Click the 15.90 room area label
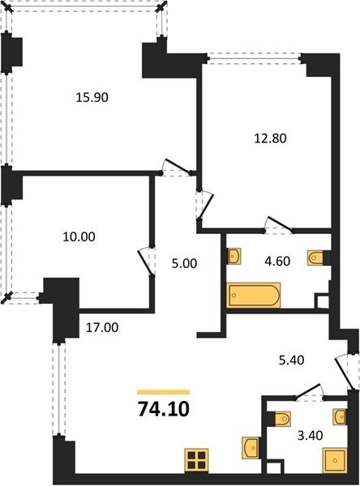[92, 98]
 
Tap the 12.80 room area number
[270, 139]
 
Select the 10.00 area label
[79, 237]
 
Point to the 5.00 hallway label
[184, 263]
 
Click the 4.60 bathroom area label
[277, 261]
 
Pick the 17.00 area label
[102, 327]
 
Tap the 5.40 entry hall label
[291, 360]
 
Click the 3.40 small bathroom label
[310, 436]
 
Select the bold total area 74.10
[164, 409]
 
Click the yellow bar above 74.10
[164, 392]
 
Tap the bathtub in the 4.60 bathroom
[254, 295]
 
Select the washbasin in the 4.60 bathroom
[234, 256]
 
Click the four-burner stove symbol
[196, 461]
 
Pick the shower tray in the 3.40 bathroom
[335, 460]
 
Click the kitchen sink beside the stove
[251, 447]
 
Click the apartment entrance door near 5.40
[344, 373]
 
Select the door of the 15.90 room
[177, 167]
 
